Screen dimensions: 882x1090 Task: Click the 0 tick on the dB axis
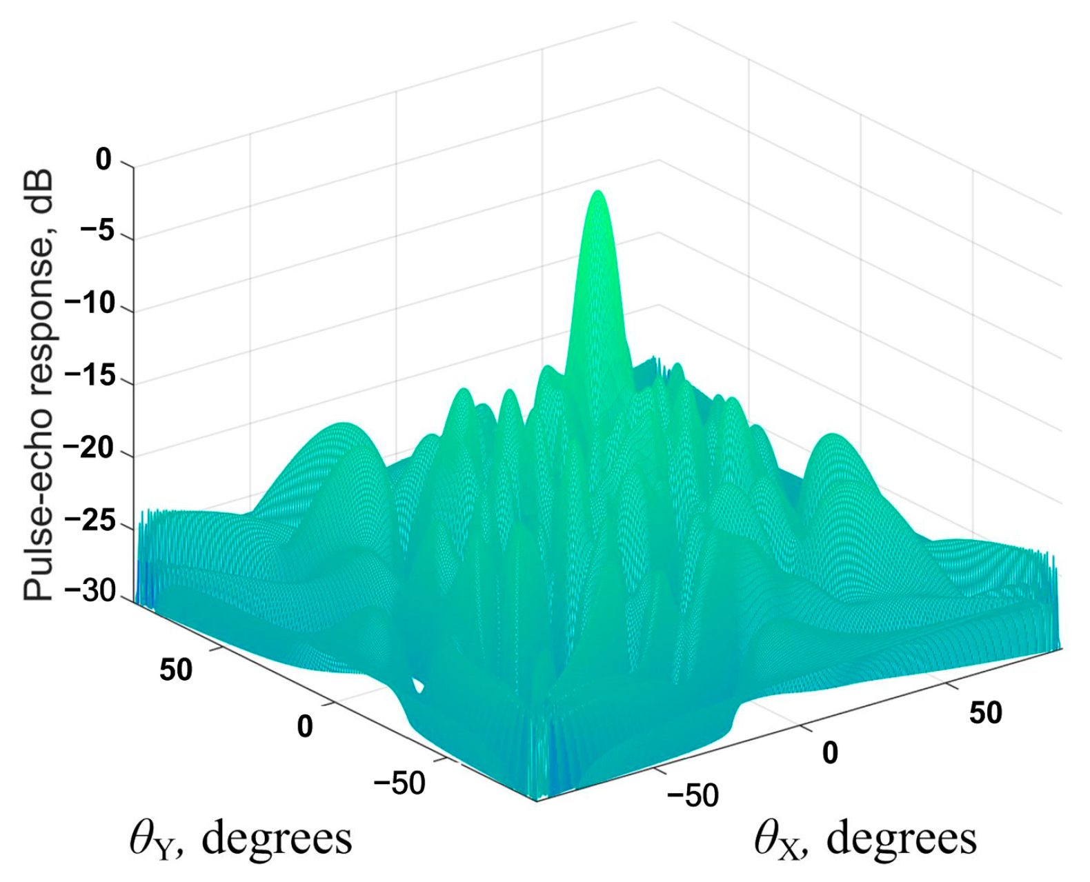point(103,161)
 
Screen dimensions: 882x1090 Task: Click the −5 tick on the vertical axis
point(97,234)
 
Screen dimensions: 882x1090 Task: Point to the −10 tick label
point(89,306)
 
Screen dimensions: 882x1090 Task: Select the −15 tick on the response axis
point(89,379)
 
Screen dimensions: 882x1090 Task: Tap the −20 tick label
point(89,452)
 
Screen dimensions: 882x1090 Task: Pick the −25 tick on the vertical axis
point(89,524)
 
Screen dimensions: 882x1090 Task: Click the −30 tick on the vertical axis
point(89,596)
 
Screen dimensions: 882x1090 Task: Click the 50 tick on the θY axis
point(177,670)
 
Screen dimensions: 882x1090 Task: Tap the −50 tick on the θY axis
point(399,783)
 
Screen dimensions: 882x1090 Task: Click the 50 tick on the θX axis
point(985,712)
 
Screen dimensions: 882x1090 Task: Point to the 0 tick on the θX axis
point(830,753)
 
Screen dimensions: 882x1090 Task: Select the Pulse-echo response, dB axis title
point(38,386)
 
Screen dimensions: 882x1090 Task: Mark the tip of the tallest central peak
point(597,192)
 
